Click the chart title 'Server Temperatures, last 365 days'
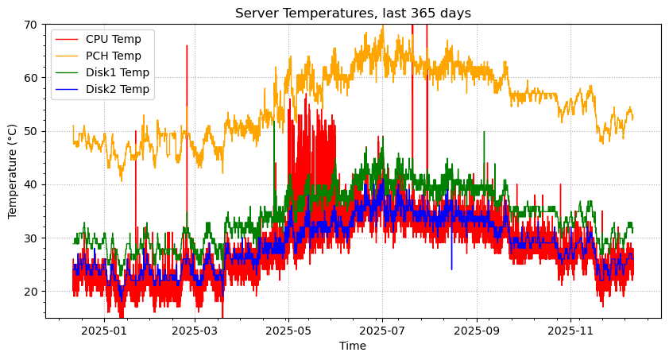(353, 13)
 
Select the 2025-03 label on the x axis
(195, 330)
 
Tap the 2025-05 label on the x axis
(288, 330)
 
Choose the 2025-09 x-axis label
(478, 330)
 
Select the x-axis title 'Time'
(353, 346)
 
